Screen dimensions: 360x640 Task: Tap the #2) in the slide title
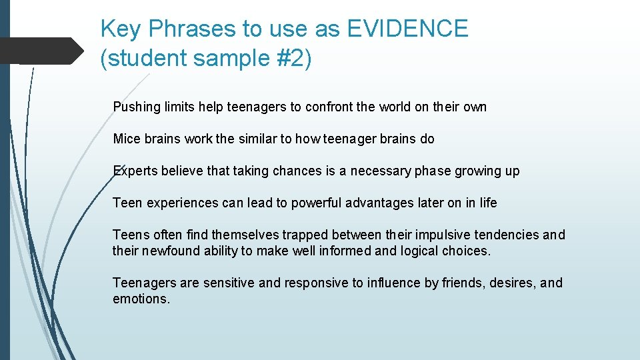pos(291,59)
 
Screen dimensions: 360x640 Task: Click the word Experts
pos(135,171)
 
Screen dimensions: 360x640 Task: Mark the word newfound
pos(179,251)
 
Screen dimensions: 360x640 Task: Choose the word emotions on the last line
pos(141,299)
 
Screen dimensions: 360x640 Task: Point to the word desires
pos(513,283)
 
